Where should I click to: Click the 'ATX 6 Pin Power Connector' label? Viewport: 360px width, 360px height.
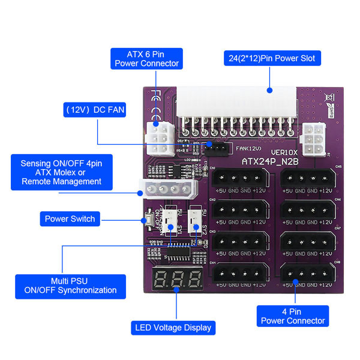(x=147, y=58)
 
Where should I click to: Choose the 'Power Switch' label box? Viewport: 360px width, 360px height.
(x=70, y=218)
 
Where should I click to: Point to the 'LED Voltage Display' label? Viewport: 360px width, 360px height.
(x=172, y=328)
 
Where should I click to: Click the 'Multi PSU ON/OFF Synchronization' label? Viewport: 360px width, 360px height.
(x=71, y=285)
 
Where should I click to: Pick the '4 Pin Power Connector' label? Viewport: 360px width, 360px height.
(x=293, y=316)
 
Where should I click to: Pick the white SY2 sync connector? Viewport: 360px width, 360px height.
(x=196, y=221)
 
